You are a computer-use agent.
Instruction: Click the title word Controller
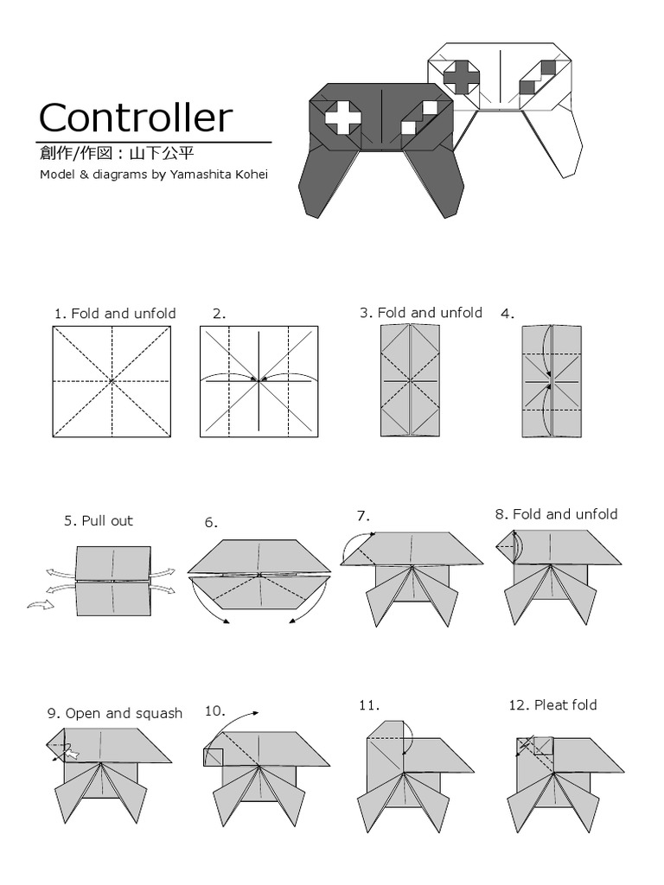(x=136, y=118)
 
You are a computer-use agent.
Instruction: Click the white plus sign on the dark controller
(x=342, y=118)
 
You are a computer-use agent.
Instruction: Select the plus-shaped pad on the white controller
(x=462, y=76)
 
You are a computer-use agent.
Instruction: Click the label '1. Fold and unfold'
(x=114, y=314)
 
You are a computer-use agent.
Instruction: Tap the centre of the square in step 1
(x=112, y=380)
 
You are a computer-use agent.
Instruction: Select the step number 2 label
(x=219, y=314)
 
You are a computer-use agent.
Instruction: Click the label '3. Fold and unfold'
(x=420, y=313)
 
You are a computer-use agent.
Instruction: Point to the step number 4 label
(x=508, y=315)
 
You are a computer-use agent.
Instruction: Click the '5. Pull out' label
(x=98, y=521)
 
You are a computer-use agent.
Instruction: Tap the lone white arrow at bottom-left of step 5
(x=40, y=605)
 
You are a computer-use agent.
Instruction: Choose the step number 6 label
(x=211, y=523)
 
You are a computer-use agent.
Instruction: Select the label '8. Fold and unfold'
(x=556, y=514)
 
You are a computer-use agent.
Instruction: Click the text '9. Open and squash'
(x=114, y=714)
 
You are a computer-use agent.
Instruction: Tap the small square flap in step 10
(x=213, y=757)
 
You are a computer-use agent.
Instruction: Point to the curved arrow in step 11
(x=410, y=742)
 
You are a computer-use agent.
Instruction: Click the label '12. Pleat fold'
(x=552, y=705)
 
